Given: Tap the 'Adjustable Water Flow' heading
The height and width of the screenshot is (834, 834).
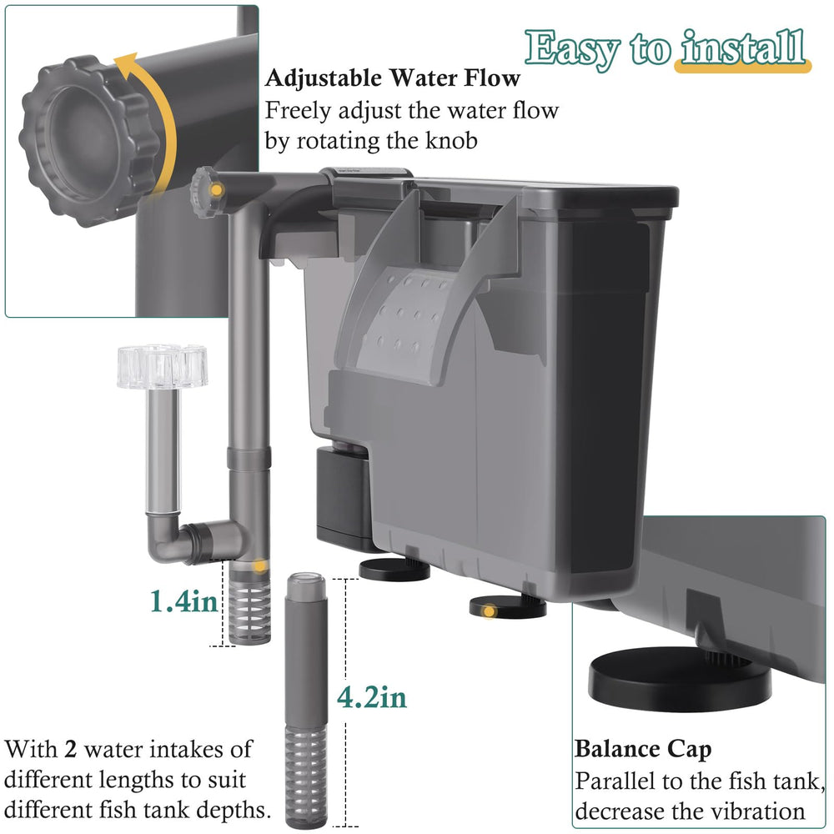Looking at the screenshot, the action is point(393,78).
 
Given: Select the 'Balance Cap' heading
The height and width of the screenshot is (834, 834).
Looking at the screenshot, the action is point(643,750).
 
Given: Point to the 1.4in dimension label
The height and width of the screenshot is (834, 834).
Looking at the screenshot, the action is point(184,602).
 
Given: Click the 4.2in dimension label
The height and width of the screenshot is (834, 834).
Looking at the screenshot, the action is point(372,697).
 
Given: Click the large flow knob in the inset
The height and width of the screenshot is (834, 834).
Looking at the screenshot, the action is point(88,141).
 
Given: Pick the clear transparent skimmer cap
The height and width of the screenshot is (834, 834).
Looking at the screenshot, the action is point(163,366).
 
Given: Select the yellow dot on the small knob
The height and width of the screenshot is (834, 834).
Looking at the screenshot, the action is point(217,190).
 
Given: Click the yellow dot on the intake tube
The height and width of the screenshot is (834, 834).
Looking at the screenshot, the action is point(259,566).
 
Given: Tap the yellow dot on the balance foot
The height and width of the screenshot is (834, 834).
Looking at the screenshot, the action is point(489,612).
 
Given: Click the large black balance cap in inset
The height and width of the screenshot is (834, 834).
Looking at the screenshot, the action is point(680,678).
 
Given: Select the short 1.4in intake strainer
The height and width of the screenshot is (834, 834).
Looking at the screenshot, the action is point(249,604).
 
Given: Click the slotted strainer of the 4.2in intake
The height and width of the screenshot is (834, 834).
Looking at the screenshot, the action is point(306,775).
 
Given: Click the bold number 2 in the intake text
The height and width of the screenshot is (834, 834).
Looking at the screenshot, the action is point(71,750).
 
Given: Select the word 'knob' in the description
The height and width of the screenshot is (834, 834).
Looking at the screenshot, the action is point(451,140).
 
